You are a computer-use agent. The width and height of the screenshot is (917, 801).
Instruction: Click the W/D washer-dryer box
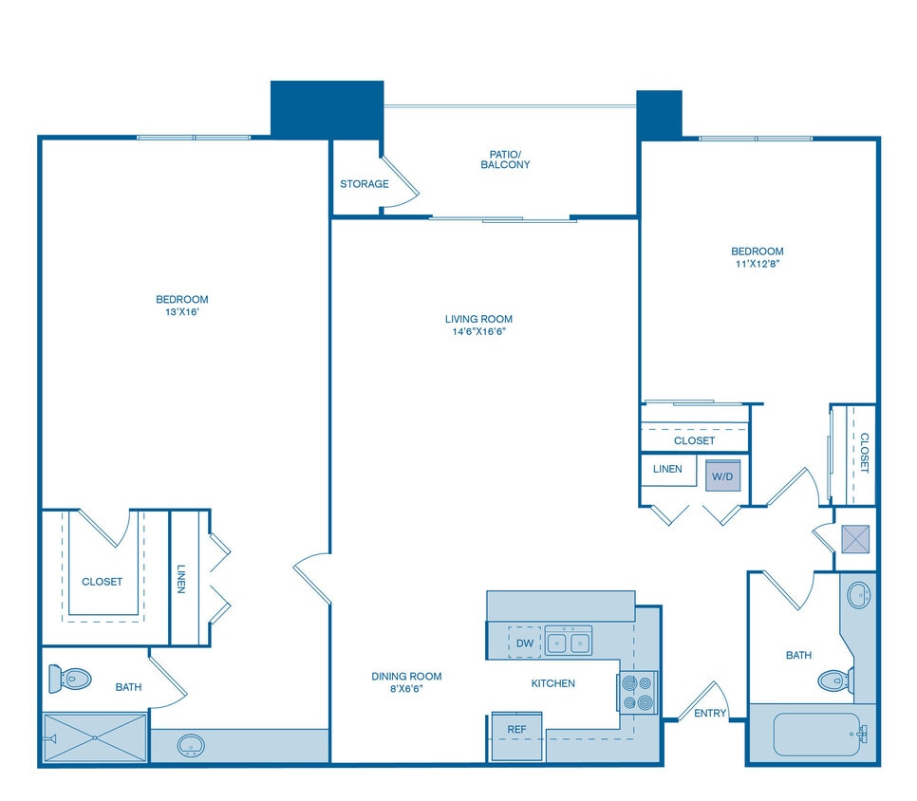click(722, 475)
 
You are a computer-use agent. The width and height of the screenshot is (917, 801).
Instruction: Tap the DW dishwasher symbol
click(524, 643)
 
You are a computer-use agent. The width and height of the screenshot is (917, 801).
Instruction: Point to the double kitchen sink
click(568, 642)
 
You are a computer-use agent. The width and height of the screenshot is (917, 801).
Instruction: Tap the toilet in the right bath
click(834, 680)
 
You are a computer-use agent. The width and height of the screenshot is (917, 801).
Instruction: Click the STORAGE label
click(365, 184)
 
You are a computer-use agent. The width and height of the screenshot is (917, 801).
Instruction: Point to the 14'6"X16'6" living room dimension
click(479, 332)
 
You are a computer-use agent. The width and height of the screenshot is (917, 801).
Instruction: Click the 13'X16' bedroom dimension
click(182, 312)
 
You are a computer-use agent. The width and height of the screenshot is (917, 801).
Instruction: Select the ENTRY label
click(710, 713)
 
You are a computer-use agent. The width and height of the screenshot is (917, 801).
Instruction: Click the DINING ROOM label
click(406, 677)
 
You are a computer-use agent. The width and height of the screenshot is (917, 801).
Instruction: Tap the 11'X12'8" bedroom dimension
click(758, 265)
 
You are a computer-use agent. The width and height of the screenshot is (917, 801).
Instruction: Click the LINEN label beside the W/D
click(667, 469)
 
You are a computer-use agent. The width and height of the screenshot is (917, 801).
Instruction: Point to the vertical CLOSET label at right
click(864, 452)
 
